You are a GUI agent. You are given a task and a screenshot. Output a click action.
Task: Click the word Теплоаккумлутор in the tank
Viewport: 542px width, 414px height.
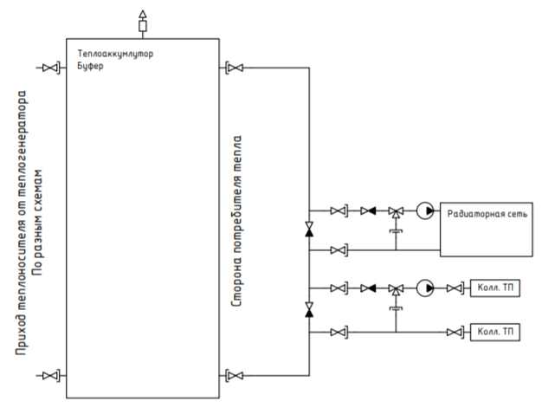[x=115, y=54]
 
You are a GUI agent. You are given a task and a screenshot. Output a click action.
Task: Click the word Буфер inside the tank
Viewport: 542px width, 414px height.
[x=90, y=66]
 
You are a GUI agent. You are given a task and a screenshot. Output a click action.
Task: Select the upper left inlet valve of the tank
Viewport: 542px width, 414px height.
[x=51, y=68]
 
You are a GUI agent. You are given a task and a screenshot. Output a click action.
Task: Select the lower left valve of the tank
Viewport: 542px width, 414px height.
[x=51, y=375]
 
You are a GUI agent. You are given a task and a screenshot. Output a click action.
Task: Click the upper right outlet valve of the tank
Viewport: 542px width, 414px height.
[x=235, y=68]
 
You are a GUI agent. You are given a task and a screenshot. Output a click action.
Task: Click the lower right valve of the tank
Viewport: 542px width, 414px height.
[x=235, y=375]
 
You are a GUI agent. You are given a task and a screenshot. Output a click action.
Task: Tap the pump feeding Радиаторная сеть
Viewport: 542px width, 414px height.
[x=425, y=210]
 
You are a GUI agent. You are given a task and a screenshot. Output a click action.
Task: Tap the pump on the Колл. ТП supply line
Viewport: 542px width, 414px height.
[x=425, y=288]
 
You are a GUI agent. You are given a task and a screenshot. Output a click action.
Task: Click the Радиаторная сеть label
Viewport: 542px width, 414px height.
[x=487, y=214]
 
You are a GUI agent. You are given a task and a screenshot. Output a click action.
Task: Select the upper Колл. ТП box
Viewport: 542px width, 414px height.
[x=495, y=288]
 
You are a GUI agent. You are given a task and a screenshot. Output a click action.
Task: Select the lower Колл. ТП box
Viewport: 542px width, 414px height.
[x=495, y=332]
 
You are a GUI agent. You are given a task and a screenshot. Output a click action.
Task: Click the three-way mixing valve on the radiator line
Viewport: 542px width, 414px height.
[x=396, y=211]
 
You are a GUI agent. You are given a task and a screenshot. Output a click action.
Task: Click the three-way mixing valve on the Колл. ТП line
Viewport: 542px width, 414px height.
[x=396, y=289]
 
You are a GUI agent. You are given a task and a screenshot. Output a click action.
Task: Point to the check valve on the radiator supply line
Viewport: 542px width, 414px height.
[x=368, y=210]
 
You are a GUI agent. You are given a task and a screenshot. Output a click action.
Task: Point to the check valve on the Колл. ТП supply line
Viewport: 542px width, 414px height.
[x=368, y=288]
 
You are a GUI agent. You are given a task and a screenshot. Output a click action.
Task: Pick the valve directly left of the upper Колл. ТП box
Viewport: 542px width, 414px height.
[x=455, y=288]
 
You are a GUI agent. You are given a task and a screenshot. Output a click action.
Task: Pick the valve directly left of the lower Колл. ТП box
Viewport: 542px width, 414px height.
[x=455, y=333]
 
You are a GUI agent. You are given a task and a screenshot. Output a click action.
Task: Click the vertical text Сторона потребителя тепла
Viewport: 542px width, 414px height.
[x=236, y=221]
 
